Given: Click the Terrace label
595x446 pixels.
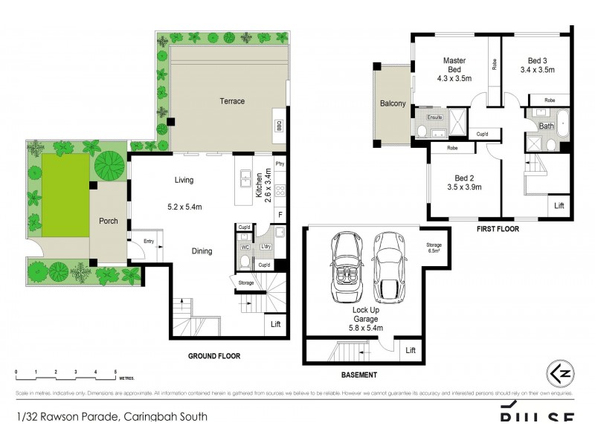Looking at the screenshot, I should pyautogui.click(x=231, y=101).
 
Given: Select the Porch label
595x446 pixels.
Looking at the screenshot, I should pyautogui.click(x=109, y=221).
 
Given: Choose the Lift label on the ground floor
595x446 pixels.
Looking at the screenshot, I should pyautogui.click(x=275, y=324).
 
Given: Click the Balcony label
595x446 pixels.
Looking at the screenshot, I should pyautogui.click(x=393, y=104).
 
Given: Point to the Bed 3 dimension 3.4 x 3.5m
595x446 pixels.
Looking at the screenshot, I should pyautogui.click(x=536, y=70).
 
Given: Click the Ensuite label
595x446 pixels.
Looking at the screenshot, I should pyautogui.click(x=434, y=117).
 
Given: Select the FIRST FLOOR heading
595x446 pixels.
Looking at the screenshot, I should pyautogui.click(x=498, y=230).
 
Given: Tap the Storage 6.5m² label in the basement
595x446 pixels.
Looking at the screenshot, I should pyautogui.click(x=434, y=248).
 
